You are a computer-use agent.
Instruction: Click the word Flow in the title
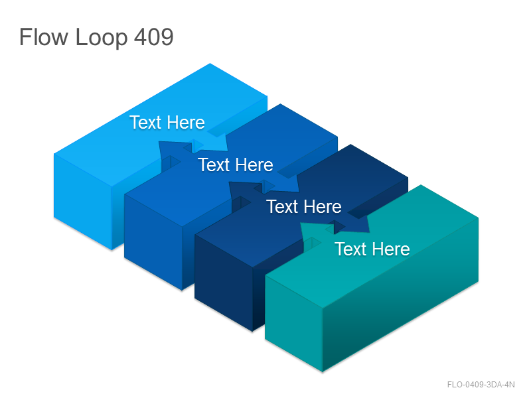click(x=44, y=36)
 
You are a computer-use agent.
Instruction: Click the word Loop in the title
click(x=102, y=38)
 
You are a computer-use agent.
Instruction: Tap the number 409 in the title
click(x=154, y=36)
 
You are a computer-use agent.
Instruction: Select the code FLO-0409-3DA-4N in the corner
click(x=481, y=385)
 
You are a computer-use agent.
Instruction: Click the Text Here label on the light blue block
click(x=167, y=122)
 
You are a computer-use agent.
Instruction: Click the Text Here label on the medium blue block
click(x=236, y=165)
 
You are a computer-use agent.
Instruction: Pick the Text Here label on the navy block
click(x=304, y=206)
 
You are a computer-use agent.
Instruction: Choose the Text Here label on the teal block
click(x=372, y=249)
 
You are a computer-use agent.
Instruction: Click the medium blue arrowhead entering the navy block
click(x=289, y=182)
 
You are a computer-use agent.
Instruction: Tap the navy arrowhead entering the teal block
click(x=359, y=224)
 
